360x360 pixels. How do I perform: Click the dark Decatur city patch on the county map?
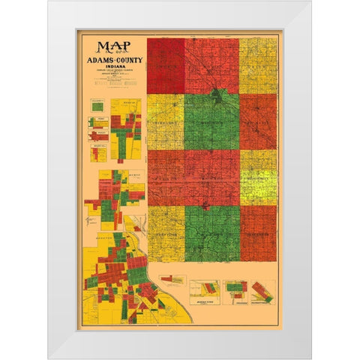(216, 96)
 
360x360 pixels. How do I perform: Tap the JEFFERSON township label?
(258, 232)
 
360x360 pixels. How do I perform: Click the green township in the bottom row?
(212, 232)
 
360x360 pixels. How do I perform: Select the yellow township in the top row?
(258, 66)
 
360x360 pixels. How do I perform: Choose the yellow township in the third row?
(258, 177)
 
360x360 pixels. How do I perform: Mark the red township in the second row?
(258, 121)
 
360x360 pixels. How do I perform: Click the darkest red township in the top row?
(165, 66)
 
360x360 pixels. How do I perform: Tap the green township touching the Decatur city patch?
(212, 122)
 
